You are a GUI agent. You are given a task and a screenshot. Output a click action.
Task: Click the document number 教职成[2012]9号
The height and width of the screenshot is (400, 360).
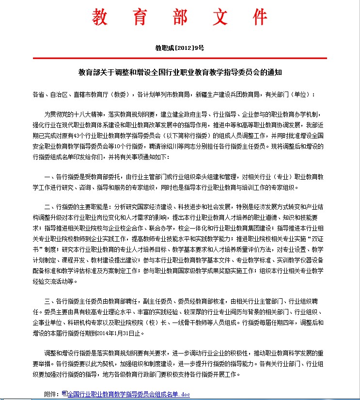179,48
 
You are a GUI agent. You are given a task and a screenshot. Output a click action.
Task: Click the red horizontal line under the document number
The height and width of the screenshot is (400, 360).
179,58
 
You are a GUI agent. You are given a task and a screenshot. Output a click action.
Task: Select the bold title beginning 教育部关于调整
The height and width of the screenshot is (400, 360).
180,73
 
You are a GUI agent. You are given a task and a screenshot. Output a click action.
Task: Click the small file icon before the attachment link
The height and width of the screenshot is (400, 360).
65,394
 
